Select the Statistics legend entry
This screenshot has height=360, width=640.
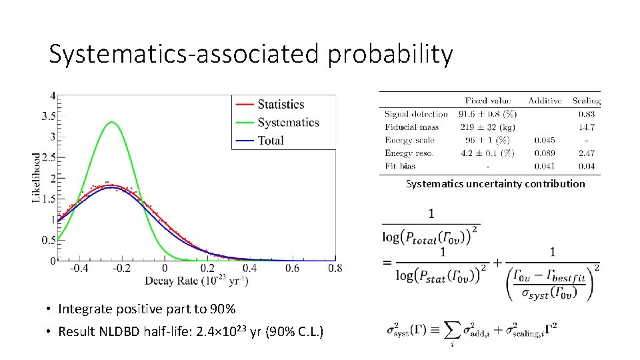(x=280, y=104)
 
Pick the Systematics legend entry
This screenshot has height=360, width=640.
(x=288, y=122)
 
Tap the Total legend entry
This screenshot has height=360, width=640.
(x=270, y=140)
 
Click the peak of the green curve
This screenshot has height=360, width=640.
(x=113, y=122)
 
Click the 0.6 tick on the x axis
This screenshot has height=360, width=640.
(x=293, y=268)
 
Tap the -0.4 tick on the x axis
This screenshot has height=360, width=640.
(x=78, y=268)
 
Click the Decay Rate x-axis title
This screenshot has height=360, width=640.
(x=197, y=281)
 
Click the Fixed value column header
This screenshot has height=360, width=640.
(x=488, y=101)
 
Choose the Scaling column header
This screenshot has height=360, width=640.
(x=586, y=101)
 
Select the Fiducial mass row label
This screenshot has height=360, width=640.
(x=411, y=127)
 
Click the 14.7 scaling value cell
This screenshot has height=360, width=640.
(x=587, y=127)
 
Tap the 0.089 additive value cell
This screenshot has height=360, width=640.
(x=544, y=153)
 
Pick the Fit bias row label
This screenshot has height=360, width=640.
(x=400, y=166)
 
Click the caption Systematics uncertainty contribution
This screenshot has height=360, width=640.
(x=495, y=183)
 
